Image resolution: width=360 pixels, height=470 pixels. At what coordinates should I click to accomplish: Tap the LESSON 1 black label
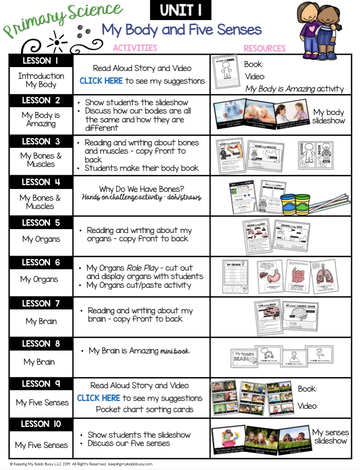(x=41, y=61)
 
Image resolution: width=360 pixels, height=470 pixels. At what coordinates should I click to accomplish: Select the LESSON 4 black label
(x=41, y=182)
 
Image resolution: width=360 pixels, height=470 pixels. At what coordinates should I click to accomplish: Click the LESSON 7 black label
(x=41, y=304)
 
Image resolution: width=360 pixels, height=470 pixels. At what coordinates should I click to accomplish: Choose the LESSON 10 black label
(x=41, y=424)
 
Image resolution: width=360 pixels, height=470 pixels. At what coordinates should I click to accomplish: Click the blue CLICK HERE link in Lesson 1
(x=101, y=81)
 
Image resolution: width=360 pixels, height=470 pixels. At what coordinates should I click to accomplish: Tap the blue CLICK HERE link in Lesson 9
(x=99, y=398)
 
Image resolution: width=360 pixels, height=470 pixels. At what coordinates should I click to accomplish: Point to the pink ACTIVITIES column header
(x=135, y=48)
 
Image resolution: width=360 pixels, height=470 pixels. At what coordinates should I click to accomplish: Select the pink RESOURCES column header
(x=265, y=48)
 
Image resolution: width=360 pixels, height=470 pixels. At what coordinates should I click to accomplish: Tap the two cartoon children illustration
(x=322, y=24)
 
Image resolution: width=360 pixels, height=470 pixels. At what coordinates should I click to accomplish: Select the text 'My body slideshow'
(x=329, y=117)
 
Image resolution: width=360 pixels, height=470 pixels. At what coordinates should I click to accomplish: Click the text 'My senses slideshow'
(x=330, y=437)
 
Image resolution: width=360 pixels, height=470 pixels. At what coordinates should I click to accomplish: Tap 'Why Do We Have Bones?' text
(x=141, y=188)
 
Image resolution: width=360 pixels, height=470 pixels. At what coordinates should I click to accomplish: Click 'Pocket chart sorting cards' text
(x=144, y=409)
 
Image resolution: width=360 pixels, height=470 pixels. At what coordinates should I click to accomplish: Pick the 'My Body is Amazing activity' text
(x=294, y=89)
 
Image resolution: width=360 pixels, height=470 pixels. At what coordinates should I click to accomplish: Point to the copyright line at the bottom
(x=81, y=464)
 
